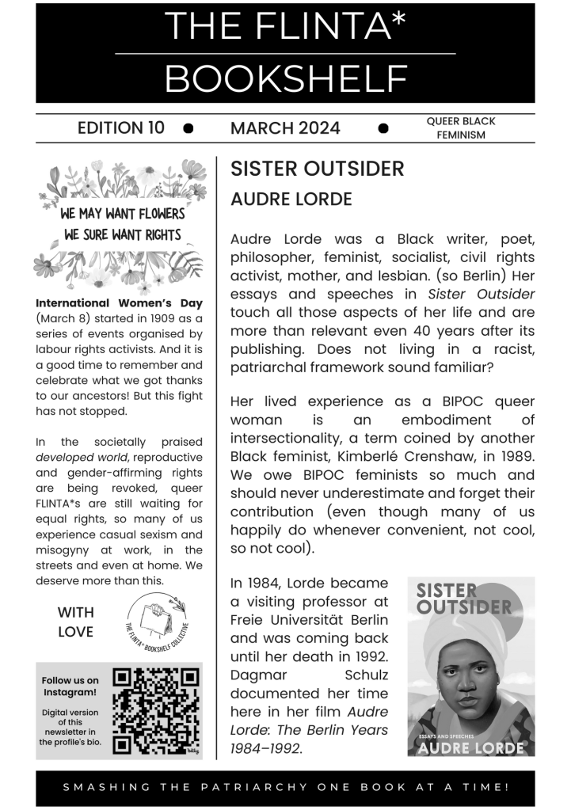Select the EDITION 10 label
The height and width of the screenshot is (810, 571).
(121, 127)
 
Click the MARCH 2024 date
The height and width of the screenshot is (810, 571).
(285, 128)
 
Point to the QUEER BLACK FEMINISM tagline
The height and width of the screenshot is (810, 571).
(460, 127)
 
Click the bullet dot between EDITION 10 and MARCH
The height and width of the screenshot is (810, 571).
(188, 128)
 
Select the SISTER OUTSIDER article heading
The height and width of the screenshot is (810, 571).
(317, 169)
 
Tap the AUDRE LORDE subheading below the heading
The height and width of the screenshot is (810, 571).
(291, 200)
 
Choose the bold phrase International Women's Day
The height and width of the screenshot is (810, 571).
(120, 302)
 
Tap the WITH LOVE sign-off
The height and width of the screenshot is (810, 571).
(75, 622)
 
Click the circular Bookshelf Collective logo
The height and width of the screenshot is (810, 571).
(158, 622)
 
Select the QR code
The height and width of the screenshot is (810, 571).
(155, 710)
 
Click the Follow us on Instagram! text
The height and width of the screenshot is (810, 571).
(70, 686)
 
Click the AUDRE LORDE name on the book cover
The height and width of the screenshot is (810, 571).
(470, 747)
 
